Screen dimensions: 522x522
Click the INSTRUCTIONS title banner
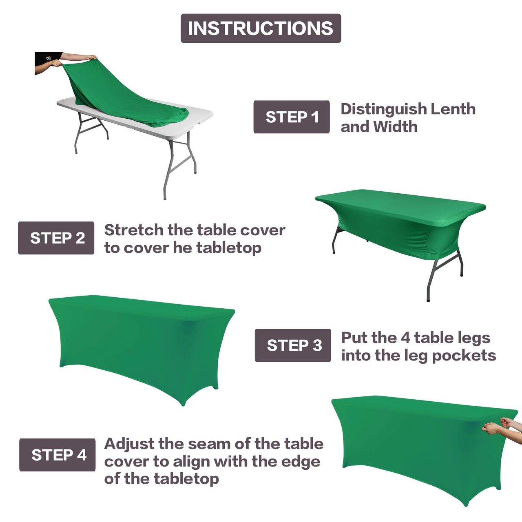pyautogui.click(x=261, y=28)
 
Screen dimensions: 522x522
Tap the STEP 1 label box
pyautogui.click(x=292, y=117)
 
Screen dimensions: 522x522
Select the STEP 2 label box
pyautogui.click(x=56, y=238)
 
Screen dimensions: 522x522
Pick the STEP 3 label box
pyautogui.click(x=293, y=345)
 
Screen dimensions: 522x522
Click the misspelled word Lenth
pyautogui.click(x=453, y=109)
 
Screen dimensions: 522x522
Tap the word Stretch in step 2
pyautogui.click(x=134, y=230)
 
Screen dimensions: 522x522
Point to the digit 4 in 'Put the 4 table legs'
pyautogui.click(x=405, y=338)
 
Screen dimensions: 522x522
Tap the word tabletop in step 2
pyautogui.click(x=229, y=248)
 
